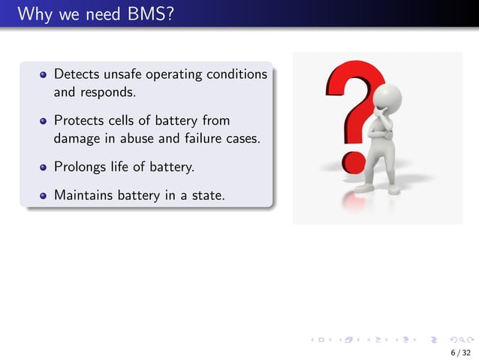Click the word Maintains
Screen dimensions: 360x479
(x=83, y=195)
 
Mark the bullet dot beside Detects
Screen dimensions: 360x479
(x=44, y=76)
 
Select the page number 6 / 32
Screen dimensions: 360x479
(x=460, y=352)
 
